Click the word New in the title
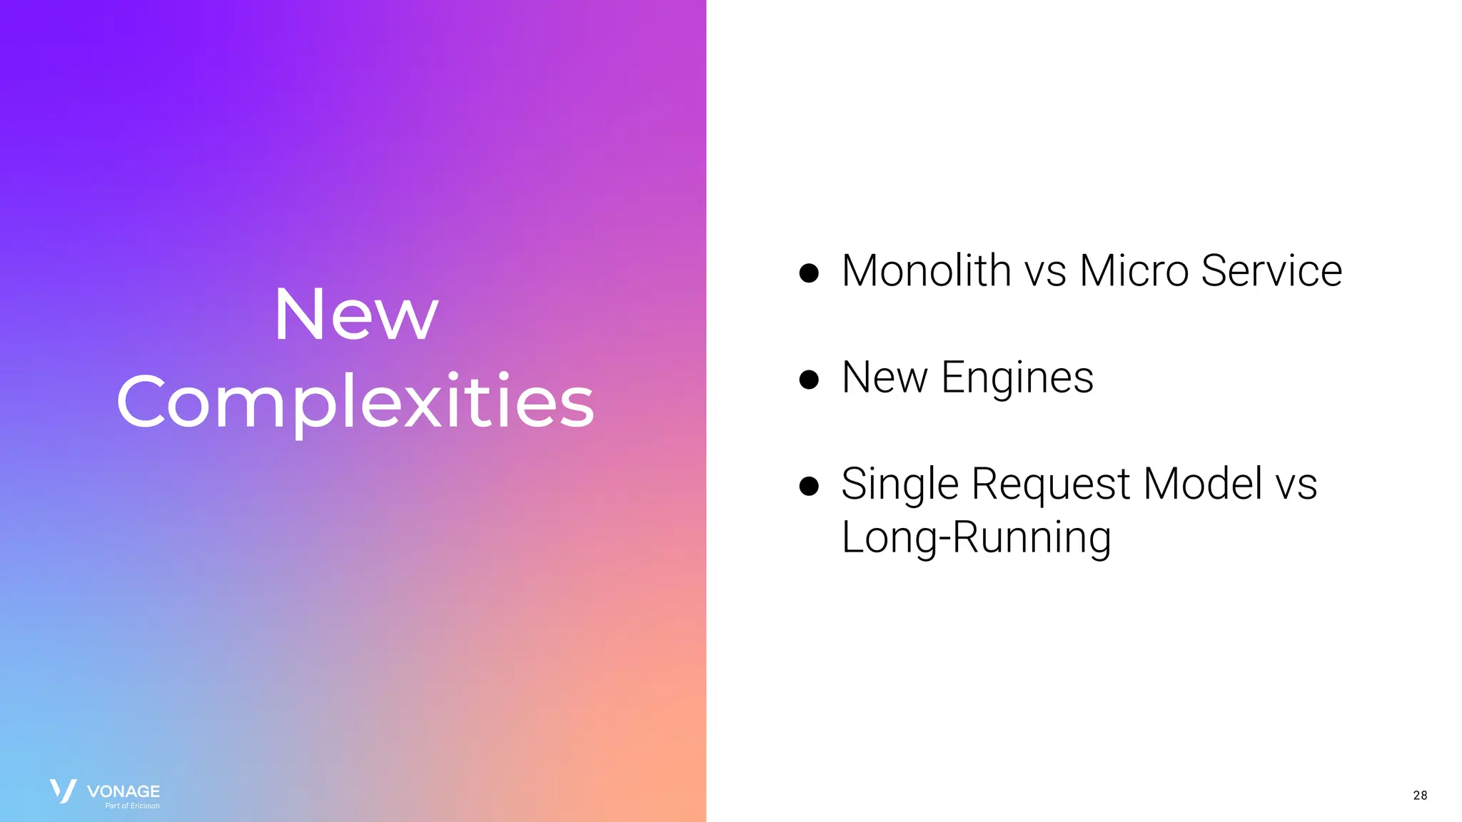[356, 315]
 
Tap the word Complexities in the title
[356, 402]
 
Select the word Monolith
[926, 271]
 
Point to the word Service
[1271, 271]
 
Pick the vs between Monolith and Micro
[1046, 273]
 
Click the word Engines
[1017, 378]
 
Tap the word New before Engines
[884, 377]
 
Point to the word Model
[1203, 484]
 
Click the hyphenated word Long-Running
[976, 538]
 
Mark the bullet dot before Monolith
[809, 273]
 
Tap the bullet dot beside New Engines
[809, 380]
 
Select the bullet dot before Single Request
[809, 487]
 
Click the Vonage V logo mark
[63, 791]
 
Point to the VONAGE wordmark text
[123, 791]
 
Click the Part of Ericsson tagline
[133, 806]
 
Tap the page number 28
[1420, 796]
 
